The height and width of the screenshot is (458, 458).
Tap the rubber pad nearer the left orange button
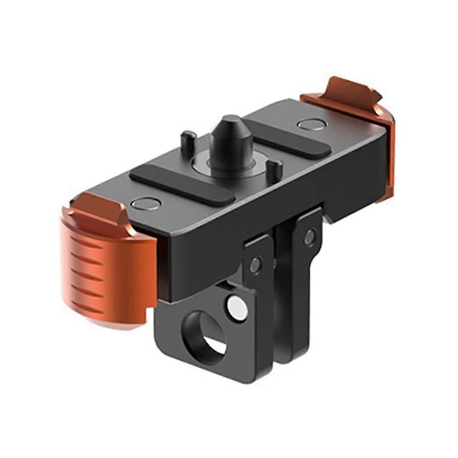pos(181,183)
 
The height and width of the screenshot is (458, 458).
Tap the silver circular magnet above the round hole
pos(237,306)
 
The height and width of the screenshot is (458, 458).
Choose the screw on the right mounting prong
pos(310,237)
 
